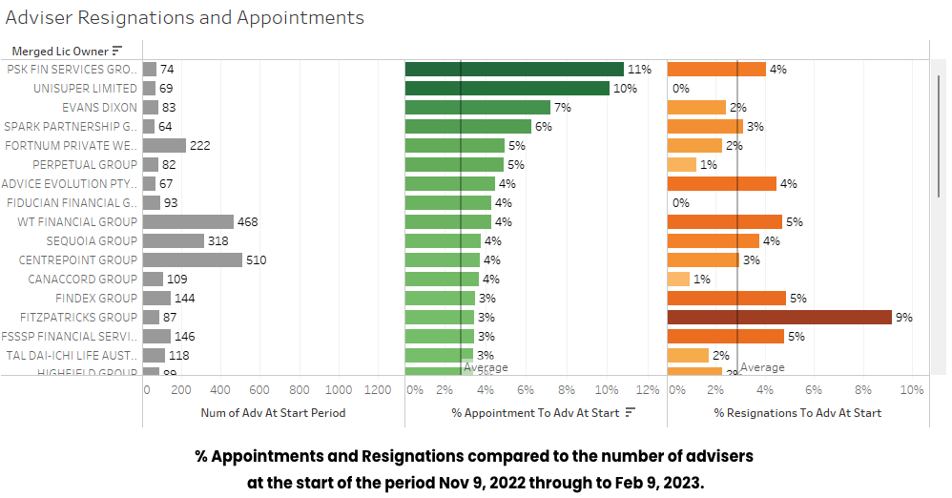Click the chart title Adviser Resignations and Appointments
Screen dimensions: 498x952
tap(185, 18)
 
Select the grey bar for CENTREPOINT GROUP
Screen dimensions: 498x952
tap(193, 259)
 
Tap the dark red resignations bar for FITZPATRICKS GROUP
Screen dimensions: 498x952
tap(778, 317)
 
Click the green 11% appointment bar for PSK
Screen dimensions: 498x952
tap(513, 69)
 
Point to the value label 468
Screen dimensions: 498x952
tap(248, 221)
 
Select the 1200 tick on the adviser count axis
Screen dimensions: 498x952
tap(378, 389)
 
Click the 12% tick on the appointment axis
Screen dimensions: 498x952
tap(648, 389)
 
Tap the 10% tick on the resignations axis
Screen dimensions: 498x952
tap(911, 389)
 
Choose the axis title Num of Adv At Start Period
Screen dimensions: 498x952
tap(273, 413)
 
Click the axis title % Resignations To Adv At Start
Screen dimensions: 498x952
tap(797, 413)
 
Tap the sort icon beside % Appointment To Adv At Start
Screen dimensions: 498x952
tap(631, 413)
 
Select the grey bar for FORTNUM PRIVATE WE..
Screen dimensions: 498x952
tap(164, 145)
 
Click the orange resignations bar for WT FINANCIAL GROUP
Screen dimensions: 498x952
tap(724, 221)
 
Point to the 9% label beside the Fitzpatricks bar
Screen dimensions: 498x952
tap(903, 317)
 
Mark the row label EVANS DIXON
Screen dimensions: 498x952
tap(99, 107)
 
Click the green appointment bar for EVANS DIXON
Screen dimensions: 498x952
tap(477, 107)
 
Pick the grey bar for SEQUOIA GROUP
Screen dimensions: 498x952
tap(173, 240)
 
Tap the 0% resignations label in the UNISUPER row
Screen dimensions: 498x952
tap(680, 88)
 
